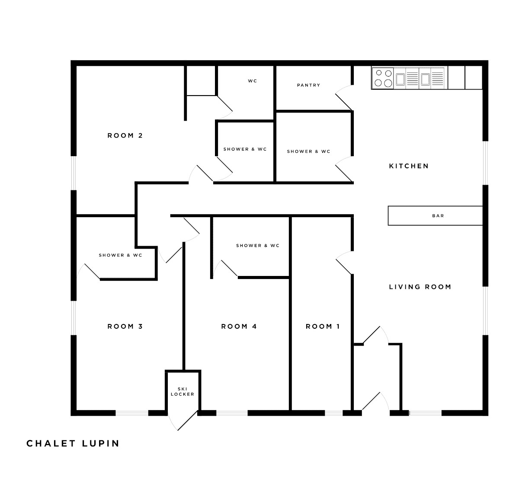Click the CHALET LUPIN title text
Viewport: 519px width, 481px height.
click(x=73, y=443)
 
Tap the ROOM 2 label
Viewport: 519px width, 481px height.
click(x=125, y=135)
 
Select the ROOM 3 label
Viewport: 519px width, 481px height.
click(x=125, y=326)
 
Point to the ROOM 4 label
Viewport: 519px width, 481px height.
click(x=239, y=326)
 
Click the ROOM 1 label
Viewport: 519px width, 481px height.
click(x=323, y=326)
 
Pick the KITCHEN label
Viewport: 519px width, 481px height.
click(x=409, y=166)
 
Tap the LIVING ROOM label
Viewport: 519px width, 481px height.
click(x=420, y=287)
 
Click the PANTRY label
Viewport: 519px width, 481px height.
click(x=309, y=85)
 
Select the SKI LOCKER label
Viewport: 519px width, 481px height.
click(x=183, y=391)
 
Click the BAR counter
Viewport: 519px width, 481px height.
click(x=435, y=216)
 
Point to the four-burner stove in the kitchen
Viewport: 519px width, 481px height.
click(x=383, y=78)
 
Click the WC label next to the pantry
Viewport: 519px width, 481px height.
click(x=253, y=81)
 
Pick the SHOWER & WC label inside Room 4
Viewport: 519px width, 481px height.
click(x=258, y=245)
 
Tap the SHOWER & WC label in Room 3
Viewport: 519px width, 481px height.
click(x=121, y=255)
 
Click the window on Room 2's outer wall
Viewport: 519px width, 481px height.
click(x=74, y=173)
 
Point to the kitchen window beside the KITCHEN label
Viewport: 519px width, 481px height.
click(x=485, y=163)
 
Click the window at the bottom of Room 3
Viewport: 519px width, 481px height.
click(x=132, y=413)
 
